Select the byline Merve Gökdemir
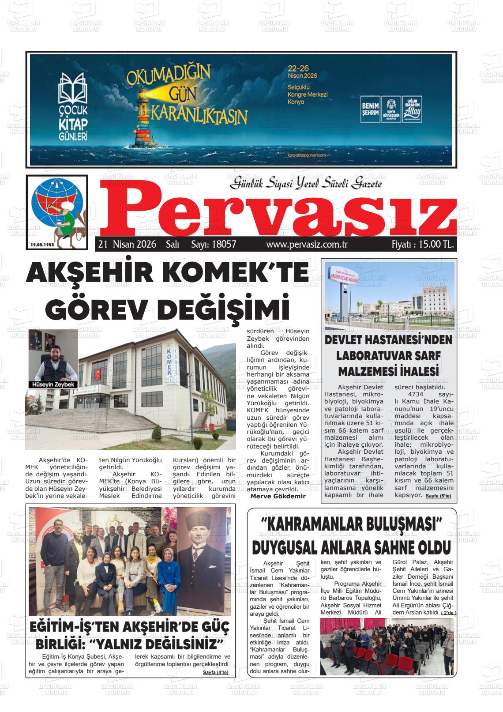tap(278, 496)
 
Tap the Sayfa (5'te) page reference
tap(438, 497)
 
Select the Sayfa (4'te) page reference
tap(216, 673)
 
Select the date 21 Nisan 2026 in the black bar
tap(128, 245)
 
